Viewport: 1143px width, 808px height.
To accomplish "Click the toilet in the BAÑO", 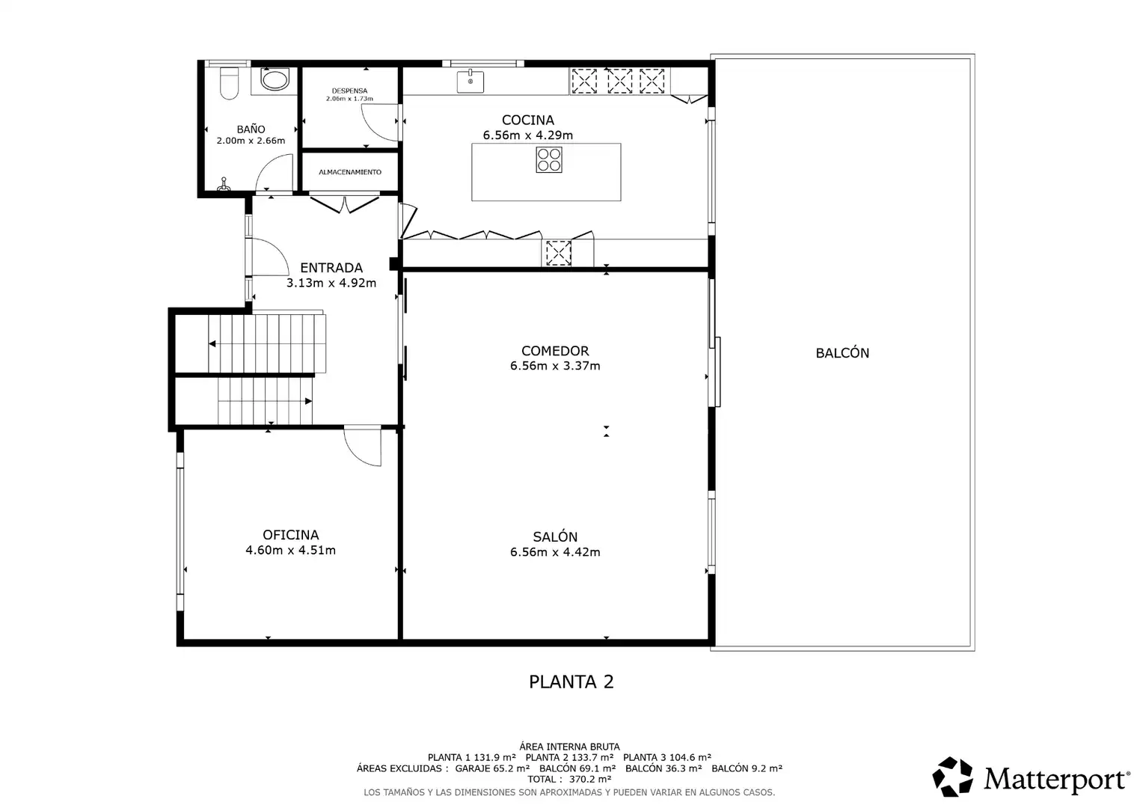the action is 229,83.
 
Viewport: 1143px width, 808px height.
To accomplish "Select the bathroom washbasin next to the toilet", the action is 275,79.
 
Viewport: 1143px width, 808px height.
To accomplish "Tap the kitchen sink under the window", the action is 471,81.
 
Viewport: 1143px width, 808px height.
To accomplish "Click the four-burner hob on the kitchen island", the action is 549,160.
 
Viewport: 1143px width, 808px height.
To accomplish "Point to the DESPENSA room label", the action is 349,91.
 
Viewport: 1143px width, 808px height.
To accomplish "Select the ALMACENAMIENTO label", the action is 350,172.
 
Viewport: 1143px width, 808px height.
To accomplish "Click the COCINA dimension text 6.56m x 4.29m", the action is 528,135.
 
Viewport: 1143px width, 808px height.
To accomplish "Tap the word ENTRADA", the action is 331,267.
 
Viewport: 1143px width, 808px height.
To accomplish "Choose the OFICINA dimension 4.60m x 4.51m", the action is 291,550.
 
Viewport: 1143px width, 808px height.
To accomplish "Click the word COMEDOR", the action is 555,351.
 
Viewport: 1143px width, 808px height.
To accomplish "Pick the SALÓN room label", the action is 555,536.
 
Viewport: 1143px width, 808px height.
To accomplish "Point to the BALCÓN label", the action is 842,352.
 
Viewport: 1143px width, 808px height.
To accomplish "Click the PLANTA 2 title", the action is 571,682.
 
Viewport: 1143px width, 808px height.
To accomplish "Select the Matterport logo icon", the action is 952,777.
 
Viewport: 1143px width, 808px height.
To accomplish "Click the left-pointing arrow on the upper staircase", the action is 212,343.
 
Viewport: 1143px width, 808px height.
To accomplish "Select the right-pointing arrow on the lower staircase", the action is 308,401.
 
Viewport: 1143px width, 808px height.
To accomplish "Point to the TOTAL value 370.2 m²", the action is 590,780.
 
